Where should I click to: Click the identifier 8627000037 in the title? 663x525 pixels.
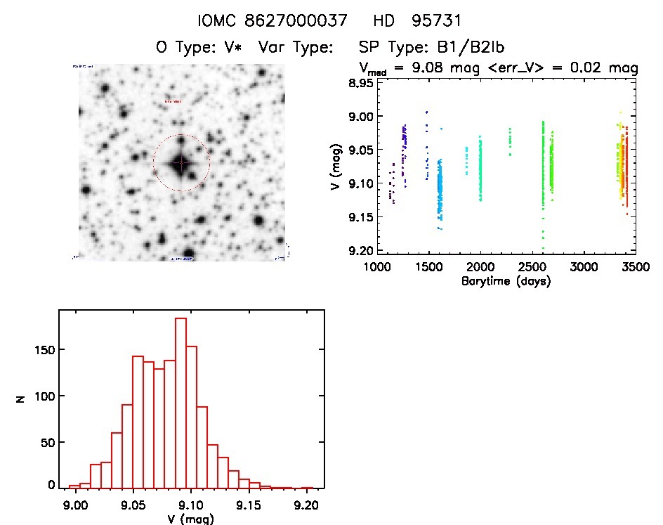tap(305, 21)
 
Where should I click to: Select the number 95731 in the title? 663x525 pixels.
tap(435, 21)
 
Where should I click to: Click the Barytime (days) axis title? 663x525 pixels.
tap(506, 281)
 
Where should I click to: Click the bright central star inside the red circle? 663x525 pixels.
tap(180, 162)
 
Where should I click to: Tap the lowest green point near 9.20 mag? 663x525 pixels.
tap(543, 248)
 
